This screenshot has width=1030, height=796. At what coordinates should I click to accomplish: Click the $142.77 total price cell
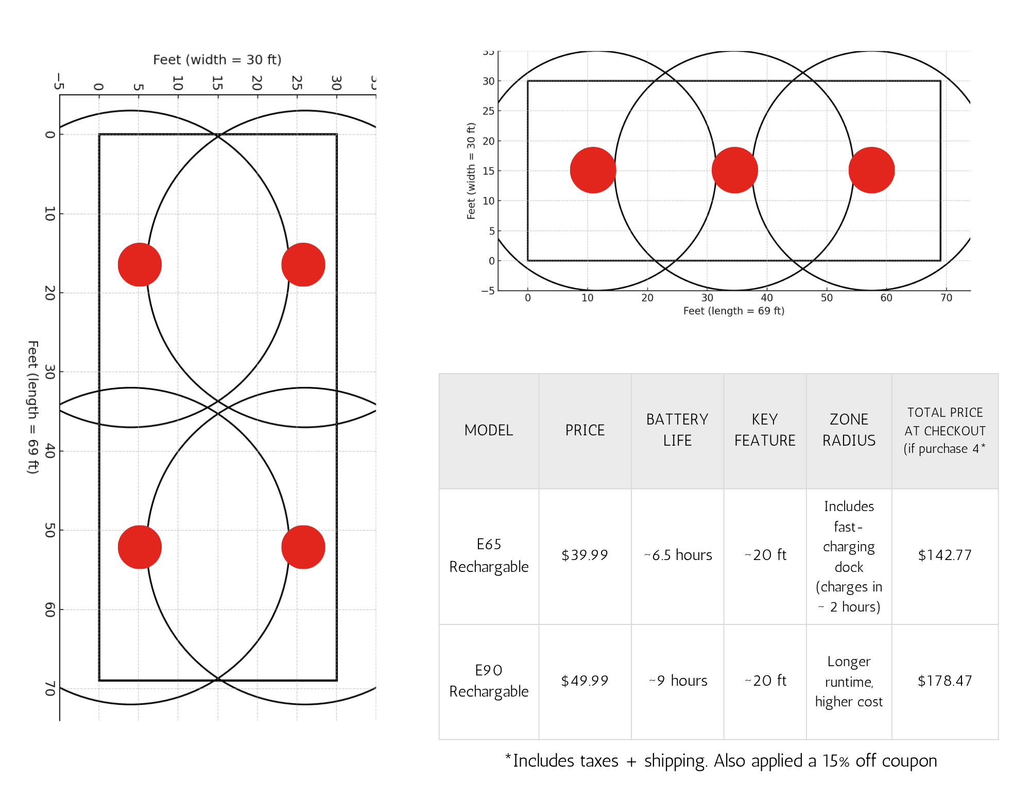tap(945, 555)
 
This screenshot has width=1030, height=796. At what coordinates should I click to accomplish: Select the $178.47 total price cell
tap(945, 681)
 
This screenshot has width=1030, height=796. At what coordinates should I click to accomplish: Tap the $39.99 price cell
tap(585, 555)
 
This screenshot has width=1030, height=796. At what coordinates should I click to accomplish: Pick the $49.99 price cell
tap(585, 681)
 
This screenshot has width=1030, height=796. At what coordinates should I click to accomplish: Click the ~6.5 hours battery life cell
tap(678, 555)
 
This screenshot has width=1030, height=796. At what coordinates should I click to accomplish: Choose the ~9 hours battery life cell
tap(678, 681)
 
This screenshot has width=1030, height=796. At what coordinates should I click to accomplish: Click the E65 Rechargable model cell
tap(489, 555)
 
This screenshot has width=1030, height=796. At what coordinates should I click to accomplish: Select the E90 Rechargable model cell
tap(489, 681)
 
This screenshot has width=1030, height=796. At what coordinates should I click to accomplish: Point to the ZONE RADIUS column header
tap(849, 430)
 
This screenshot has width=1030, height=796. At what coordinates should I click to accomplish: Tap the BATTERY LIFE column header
tap(677, 430)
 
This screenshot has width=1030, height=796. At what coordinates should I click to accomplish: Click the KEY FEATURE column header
tap(765, 430)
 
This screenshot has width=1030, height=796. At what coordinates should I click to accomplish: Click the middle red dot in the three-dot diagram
tap(734, 170)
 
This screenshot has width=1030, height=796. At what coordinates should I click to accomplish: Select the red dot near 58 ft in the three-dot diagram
tap(871, 170)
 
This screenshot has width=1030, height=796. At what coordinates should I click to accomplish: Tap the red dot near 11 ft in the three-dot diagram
tap(593, 170)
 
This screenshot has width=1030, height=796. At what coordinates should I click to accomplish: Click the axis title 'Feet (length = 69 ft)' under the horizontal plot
tap(733, 311)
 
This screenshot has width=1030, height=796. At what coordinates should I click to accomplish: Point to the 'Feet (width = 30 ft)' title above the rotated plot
tap(217, 60)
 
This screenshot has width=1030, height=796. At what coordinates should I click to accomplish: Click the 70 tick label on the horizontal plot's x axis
tap(946, 298)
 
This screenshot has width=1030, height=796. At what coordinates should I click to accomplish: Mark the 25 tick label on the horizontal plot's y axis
tap(488, 111)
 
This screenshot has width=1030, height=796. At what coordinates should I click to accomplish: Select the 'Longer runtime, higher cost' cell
tap(849, 681)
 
